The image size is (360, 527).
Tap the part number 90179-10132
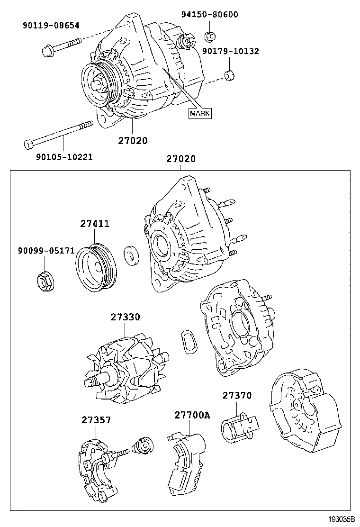(230, 51)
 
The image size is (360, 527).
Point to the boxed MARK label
(200, 113)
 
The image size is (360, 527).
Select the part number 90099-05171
(46, 250)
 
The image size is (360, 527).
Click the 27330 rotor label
(126, 318)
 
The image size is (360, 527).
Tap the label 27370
(237, 395)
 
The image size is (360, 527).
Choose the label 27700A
(192, 416)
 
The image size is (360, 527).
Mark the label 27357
(96, 419)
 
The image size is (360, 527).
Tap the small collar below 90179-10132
(230, 75)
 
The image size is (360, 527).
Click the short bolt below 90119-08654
(62, 45)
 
